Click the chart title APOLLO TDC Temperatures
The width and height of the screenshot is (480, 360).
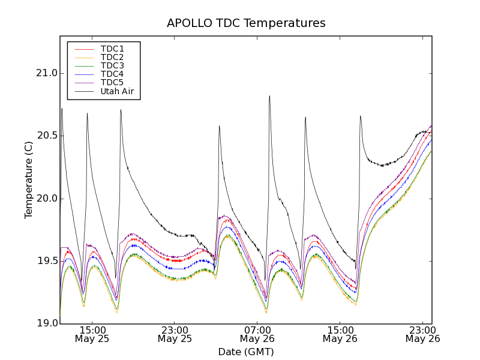pyautogui.click(x=246, y=23)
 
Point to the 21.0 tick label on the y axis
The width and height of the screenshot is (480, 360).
pyautogui.click(x=46, y=73)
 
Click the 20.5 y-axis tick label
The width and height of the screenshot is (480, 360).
pyautogui.click(x=46, y=136)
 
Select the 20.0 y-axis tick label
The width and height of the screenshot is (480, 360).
pyautogui.click(x=46, y=199)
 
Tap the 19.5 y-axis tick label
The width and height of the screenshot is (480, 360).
pyautogui.click(x=46, y=261)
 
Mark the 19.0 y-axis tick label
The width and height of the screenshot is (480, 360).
pyautogui.click(x=46, y=323)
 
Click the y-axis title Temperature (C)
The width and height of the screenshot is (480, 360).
pyautogui.click(x=29, y=180)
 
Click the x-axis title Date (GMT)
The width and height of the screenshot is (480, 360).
pyautogui.click(x=246, y=352)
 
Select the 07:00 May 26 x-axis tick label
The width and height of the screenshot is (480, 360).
pyautogui.click(x=257, y=334)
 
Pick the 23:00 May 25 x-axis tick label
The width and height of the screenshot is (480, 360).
pyautogui.click(x=175, y=334)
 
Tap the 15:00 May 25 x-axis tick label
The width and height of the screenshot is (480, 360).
pyautogui.click(x=92, y=334)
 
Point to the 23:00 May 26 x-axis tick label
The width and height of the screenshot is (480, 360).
pyautogui.click(x=422, y=334)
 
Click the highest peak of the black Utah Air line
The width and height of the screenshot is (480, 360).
pyautogui.click(x=269, y=96)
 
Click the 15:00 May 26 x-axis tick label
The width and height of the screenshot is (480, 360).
pyautogui.click(x=340, y=334)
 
